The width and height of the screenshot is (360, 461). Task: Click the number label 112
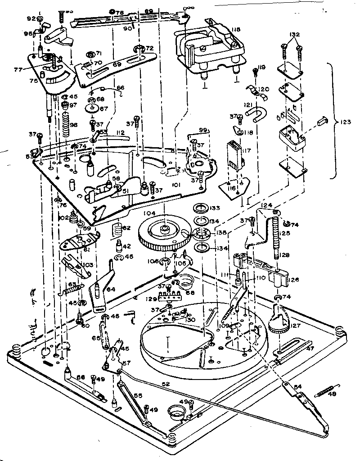point(120,132)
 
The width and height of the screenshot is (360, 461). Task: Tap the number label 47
point(310,348)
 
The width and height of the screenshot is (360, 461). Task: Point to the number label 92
point(31,19)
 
